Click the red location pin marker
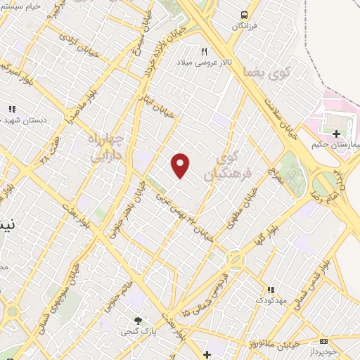[x=181, y=165]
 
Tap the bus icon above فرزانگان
[x=244, y=15]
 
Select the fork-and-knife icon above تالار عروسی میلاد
[x=205, y=51]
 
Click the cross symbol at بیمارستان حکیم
[x=336, y=134]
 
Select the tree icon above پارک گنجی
[x=138, y=321]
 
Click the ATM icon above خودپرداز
[x=323, y=340]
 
